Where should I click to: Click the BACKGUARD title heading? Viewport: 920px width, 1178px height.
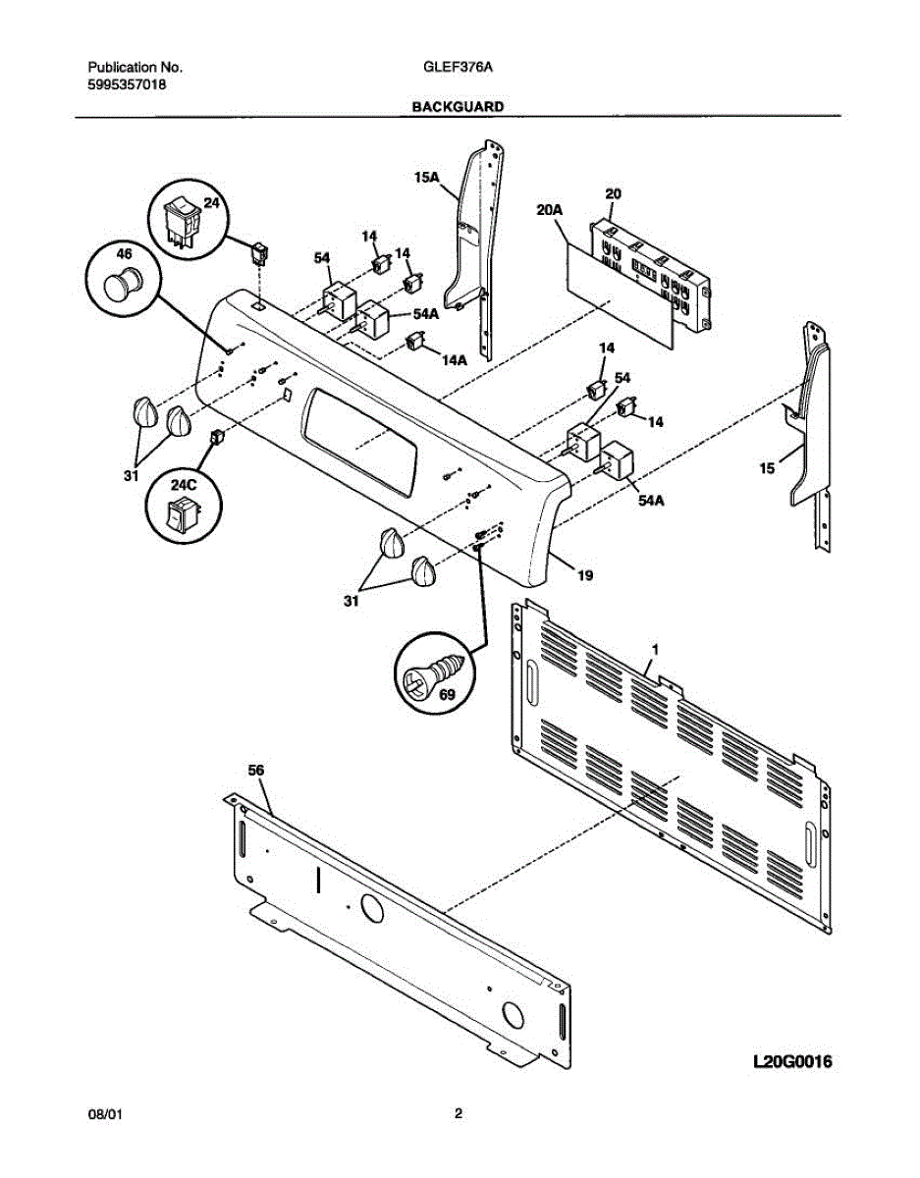point(458,106)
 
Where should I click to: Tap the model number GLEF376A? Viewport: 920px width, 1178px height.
point(458,68)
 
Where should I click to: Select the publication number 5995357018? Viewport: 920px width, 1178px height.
point(127,85)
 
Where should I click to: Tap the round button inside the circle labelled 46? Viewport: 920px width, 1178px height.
point(123,283)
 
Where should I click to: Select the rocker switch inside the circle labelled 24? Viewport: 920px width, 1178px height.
point(183,221)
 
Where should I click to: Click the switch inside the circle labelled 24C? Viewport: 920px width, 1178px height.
point(181,513)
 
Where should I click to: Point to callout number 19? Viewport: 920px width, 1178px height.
point(584,576)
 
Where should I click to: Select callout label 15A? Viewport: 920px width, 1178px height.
point(426,178)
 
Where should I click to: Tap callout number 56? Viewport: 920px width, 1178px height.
point(256,772)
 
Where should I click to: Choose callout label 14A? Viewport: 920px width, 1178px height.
point(454,360)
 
